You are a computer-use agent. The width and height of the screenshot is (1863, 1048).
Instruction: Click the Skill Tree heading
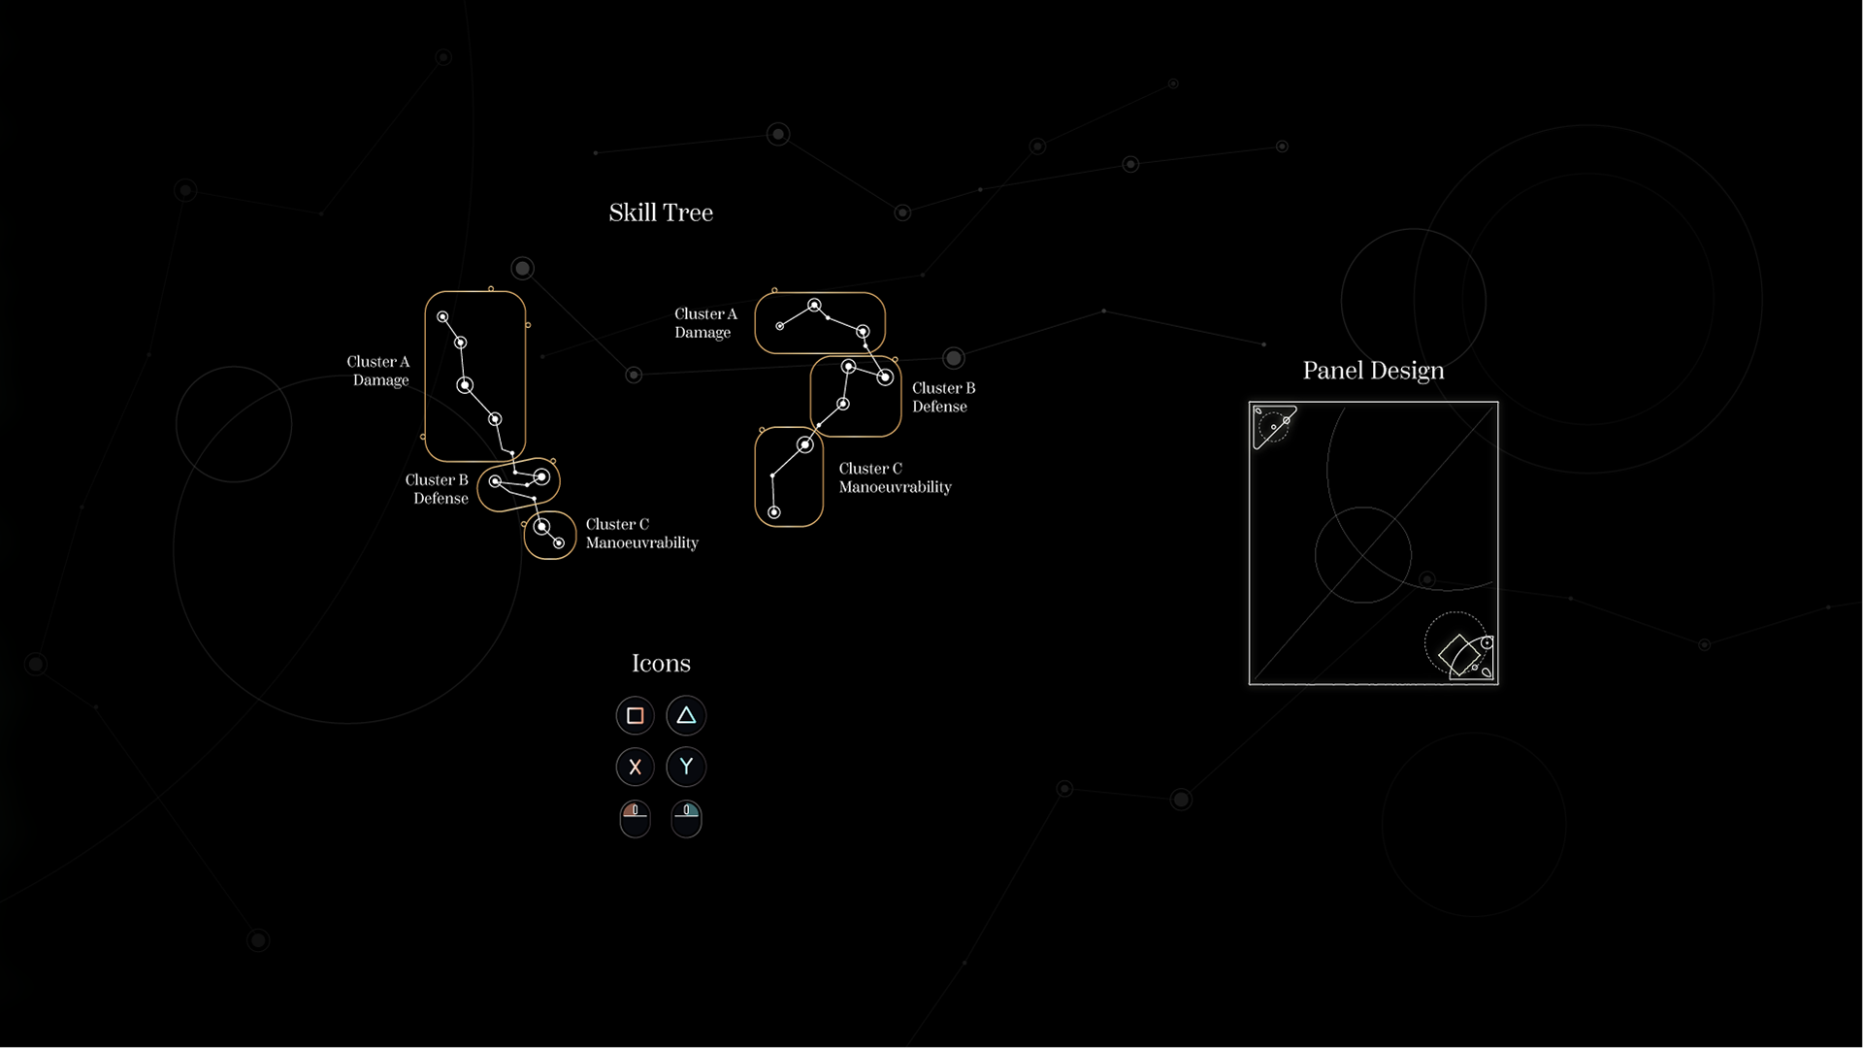click(661, 213)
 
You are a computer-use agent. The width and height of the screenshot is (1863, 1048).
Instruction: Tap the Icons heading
click(661, 663)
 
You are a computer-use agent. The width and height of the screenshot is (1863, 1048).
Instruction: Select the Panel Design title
click(1373, 371)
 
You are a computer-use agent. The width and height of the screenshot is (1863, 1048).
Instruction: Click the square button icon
click(636, 716)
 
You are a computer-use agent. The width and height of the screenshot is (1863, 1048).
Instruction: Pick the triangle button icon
click(686, 716)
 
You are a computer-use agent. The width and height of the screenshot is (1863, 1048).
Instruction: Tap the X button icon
click(636, 767)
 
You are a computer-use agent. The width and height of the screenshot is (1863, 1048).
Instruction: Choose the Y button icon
click(686, 767)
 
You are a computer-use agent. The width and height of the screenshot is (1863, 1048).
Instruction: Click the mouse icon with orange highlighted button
click(636, 817)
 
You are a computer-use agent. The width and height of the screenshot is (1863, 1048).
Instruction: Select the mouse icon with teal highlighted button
click(686, 817)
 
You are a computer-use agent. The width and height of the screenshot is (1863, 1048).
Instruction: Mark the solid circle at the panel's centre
click(1363, 554)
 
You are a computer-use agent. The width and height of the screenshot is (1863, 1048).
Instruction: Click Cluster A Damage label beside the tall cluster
click(378, 371)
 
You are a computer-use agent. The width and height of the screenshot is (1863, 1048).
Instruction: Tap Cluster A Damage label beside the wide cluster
click(705, 323)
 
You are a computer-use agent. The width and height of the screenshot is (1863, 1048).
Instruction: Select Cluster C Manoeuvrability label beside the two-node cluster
click(641, 534)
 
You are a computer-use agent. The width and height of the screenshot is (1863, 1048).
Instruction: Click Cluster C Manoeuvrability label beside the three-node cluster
click(895, 477)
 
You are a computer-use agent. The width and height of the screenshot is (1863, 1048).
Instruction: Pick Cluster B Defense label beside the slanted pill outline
click(437, 489)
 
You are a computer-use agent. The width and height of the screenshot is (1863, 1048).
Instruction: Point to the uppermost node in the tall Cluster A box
click(442, 317)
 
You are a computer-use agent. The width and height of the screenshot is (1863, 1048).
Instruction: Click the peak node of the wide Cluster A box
click(815, 306)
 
